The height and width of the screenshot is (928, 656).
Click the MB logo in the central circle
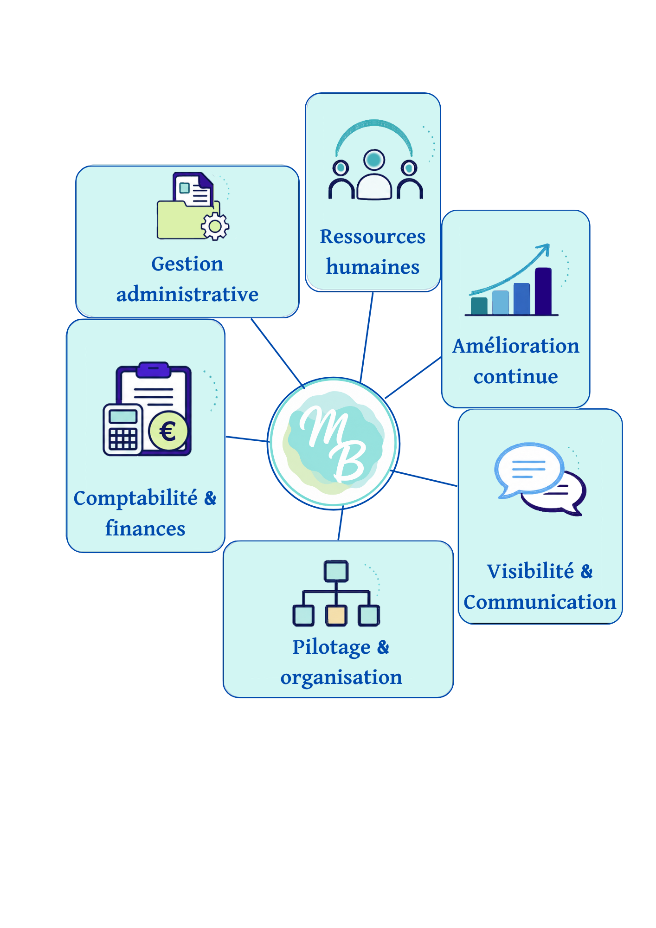click(334, 444)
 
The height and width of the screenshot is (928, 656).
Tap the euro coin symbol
click(168, 431)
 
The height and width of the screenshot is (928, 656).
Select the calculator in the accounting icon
click(122, 429)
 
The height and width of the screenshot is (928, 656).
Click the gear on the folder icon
click(215, 226)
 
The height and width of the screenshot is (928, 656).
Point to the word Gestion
click(187, 264)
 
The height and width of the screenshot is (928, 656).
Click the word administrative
click(187, 294)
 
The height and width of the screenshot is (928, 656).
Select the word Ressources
click(373, 236)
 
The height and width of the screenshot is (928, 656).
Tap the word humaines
click(373, 267)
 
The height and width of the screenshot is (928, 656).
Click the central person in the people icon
click(374, 174)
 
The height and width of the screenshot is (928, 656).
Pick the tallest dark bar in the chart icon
click(543, 291)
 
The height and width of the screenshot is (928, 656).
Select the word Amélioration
click(516, 346)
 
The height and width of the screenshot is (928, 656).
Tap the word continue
click(516, 376)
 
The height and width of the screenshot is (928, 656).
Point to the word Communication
click(540, 602)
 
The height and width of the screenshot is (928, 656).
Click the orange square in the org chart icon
click(336, 616)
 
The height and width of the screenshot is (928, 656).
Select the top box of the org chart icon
click(336, 571)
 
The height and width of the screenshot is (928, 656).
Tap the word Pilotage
click(331, 648)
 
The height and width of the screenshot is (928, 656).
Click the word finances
click(145, 528)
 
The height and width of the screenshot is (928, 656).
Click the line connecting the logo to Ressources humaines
click(367, 337)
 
